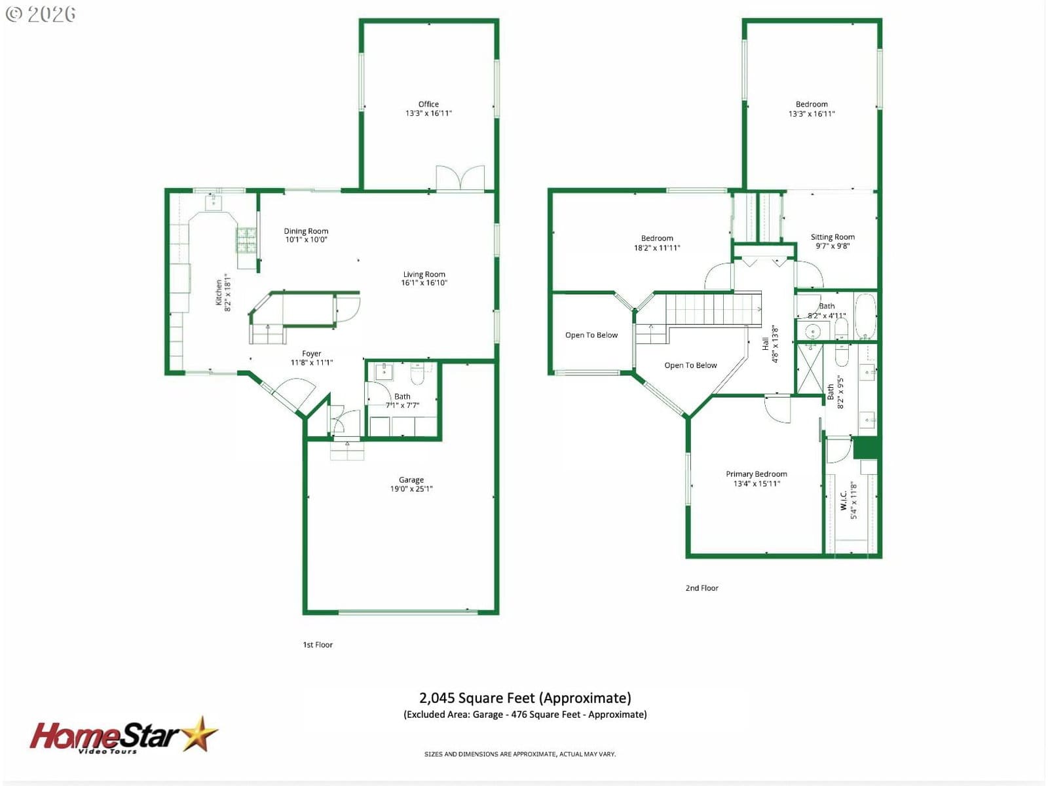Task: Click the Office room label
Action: coord(428,104)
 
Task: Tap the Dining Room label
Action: coord(306,231)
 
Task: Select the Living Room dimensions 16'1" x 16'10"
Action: coord(424,282)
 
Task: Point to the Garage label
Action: coord(411,479)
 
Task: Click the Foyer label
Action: coord(311,354)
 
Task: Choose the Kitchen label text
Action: coord(219,293)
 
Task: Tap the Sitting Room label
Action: coord(833,236)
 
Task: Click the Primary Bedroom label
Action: coord(757,474)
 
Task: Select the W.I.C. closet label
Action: coord(844,500)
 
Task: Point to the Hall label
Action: coord(765,344)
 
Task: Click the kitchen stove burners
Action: coord(246,240)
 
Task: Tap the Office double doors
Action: coord(460,178)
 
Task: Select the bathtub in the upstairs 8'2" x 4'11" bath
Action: coord(865,316)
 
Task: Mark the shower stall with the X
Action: coord(810,369)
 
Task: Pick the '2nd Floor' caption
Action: coord(702,588)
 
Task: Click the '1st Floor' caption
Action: coord(318,645)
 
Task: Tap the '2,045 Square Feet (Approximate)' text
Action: coord(525,698)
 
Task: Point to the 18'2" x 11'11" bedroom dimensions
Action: coord(657,248)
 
